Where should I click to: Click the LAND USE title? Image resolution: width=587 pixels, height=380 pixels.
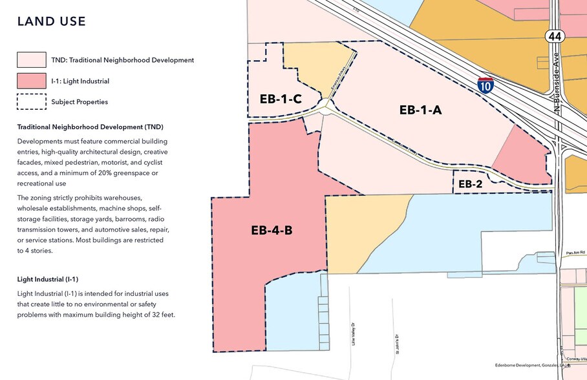(x=51, y=21)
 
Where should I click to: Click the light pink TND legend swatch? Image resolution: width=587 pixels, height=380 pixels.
(x=31, y=60)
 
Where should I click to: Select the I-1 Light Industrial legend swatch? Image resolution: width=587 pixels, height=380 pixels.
(x=31, y=81)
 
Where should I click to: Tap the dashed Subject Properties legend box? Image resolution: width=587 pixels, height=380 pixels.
(x=31, y=101)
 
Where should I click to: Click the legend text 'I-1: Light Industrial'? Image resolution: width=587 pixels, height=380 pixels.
(x=80, y=81)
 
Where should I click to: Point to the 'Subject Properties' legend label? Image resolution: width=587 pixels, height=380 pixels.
(x=80, y=101)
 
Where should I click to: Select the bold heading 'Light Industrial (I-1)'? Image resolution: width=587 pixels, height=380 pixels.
(x=48, y=279)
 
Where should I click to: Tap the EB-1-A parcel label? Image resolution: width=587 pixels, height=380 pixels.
(x=420, y=111)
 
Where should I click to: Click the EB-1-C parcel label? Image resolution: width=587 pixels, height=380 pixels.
(x=276, y=99)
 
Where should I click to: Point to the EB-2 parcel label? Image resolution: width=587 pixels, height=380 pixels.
(x=471, y=184)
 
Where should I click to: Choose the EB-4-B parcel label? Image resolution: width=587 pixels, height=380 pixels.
(x=272, y=229)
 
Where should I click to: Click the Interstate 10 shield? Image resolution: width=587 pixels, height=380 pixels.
(x=486, y=84)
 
